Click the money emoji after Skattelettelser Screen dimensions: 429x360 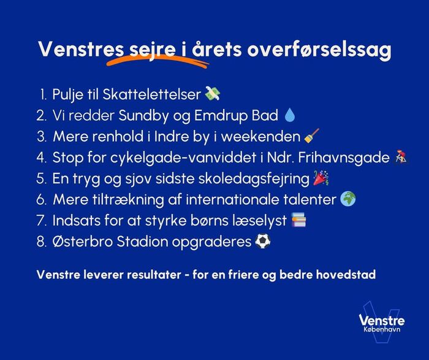(x=213, y=94)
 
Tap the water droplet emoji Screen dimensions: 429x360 (x=290, y=115)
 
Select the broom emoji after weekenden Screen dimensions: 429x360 (x=311, y=136)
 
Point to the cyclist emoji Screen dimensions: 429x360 (x=400, y=157)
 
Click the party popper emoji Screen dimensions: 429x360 (x=321, y=178)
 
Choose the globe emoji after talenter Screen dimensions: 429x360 (x=348, y=199)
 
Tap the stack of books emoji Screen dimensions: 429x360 (x=298, y=220)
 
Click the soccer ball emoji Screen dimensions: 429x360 (x=263, y=241)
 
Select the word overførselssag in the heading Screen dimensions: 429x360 (x=319, y=50)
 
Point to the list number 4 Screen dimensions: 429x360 (x=42, y=158)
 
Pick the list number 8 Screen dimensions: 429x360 (x=42, y=242)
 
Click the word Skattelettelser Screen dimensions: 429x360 (x=152, y=94)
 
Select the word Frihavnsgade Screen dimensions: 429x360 (x=344, y=158)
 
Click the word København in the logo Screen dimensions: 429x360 (x=382, y=329)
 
